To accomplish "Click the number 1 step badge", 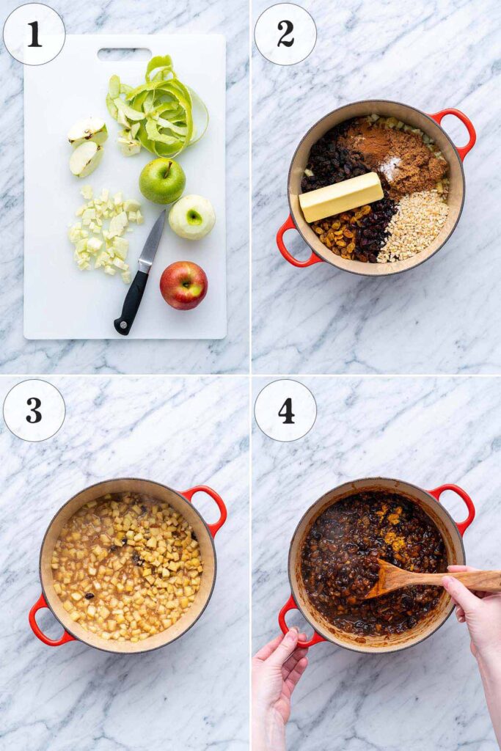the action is tap(34, 34).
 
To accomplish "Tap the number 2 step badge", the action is tap(285, 34).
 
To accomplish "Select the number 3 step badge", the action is tap(34, 410).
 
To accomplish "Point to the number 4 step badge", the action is tap(285, 410).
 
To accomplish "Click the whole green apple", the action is tap(162, 180).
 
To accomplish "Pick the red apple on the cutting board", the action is tap(184, 285).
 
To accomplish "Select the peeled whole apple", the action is tap(191, 217).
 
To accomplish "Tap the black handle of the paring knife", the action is tap(131, 301).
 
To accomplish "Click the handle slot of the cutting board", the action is tap(124, 54).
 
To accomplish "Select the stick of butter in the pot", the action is tap(341, 197).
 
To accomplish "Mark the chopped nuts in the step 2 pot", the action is tap(414, 226).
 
